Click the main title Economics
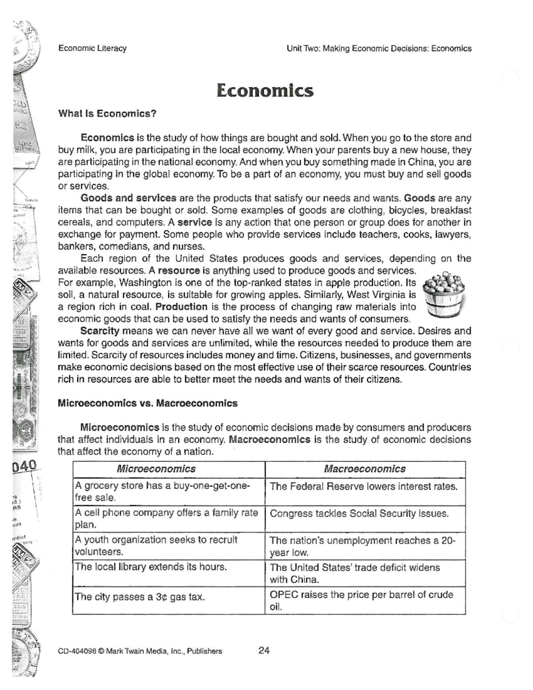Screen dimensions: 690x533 click(x=265, y=91)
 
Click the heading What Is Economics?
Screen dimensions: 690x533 click(x=107, y=114)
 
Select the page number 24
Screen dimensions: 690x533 click(x=264, y=650)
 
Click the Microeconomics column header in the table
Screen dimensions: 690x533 click(x=156, y=469)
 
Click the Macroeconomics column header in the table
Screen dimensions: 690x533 click(x=365, y=469)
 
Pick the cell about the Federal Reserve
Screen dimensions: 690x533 click(x=363, y=487)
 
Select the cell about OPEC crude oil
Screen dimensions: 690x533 click(x=361, y=600)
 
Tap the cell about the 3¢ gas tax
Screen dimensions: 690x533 click(x=140, y=597)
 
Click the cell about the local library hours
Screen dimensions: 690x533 click(x=151, y=567)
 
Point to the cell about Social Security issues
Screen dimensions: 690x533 click(x=359, y=514)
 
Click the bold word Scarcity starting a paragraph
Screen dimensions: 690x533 click(x=100, y=331)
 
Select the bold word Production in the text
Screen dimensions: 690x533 click(x=181, y=307)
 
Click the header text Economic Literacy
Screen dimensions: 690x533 click(x=92, y=48)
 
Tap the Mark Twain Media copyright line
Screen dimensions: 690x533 click(x=140, y=651)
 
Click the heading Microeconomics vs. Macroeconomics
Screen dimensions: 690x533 click(x=147, y=403)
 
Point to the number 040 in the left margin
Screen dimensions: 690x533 click(x=24, y=466)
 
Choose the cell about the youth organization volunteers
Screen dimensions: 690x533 click(x=156, y=546)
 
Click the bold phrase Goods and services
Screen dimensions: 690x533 click(x=128, y=198)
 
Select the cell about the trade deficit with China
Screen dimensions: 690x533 click(x=354, y=573)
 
